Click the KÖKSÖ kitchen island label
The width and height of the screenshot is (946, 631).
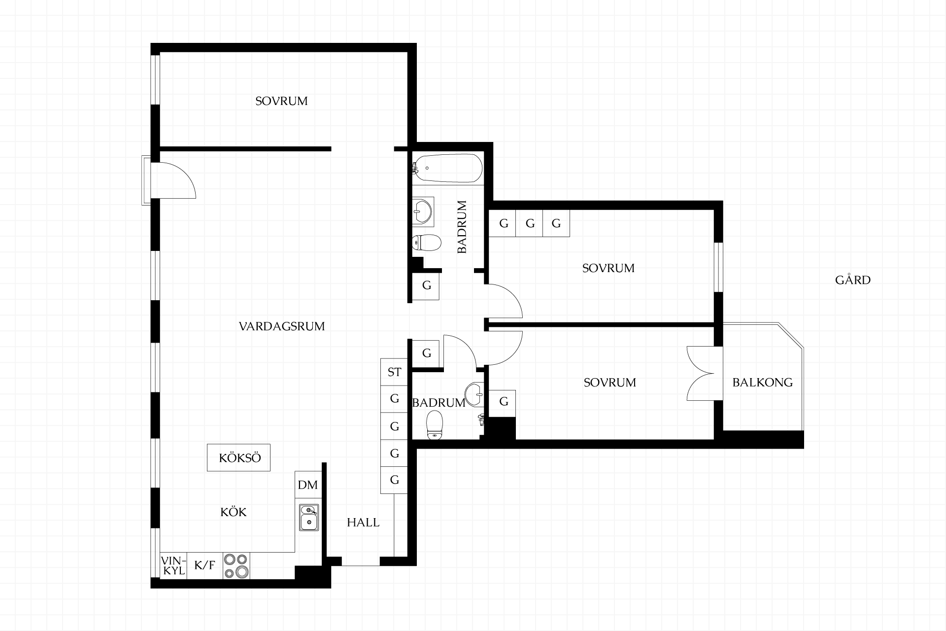(240, 458)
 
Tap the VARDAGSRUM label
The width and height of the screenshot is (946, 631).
(282, 326)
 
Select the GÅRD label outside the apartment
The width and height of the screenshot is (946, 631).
(853, 280)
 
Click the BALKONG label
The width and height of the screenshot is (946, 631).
(763, 382)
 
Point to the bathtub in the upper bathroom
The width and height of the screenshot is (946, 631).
(447, 168)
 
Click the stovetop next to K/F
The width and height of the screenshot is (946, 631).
(236, 565)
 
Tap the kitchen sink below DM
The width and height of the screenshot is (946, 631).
(309, 517)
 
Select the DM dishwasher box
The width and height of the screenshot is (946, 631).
(308, 485)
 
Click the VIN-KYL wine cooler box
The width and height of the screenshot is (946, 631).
(173, 565)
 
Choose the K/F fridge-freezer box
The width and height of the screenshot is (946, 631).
(205, 565)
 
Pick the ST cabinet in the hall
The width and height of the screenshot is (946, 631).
(394, 372)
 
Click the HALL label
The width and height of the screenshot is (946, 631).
(363, 523)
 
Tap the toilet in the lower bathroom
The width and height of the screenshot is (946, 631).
(435, 425)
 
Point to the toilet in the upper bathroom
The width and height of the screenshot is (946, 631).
(426, 242)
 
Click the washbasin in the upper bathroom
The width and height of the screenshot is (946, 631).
(422, 211)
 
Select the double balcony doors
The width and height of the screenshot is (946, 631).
(701, 374)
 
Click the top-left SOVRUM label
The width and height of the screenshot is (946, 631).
(281, 101)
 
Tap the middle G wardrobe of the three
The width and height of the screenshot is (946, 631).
(530, 223)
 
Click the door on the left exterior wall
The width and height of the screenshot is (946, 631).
(172, 180)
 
